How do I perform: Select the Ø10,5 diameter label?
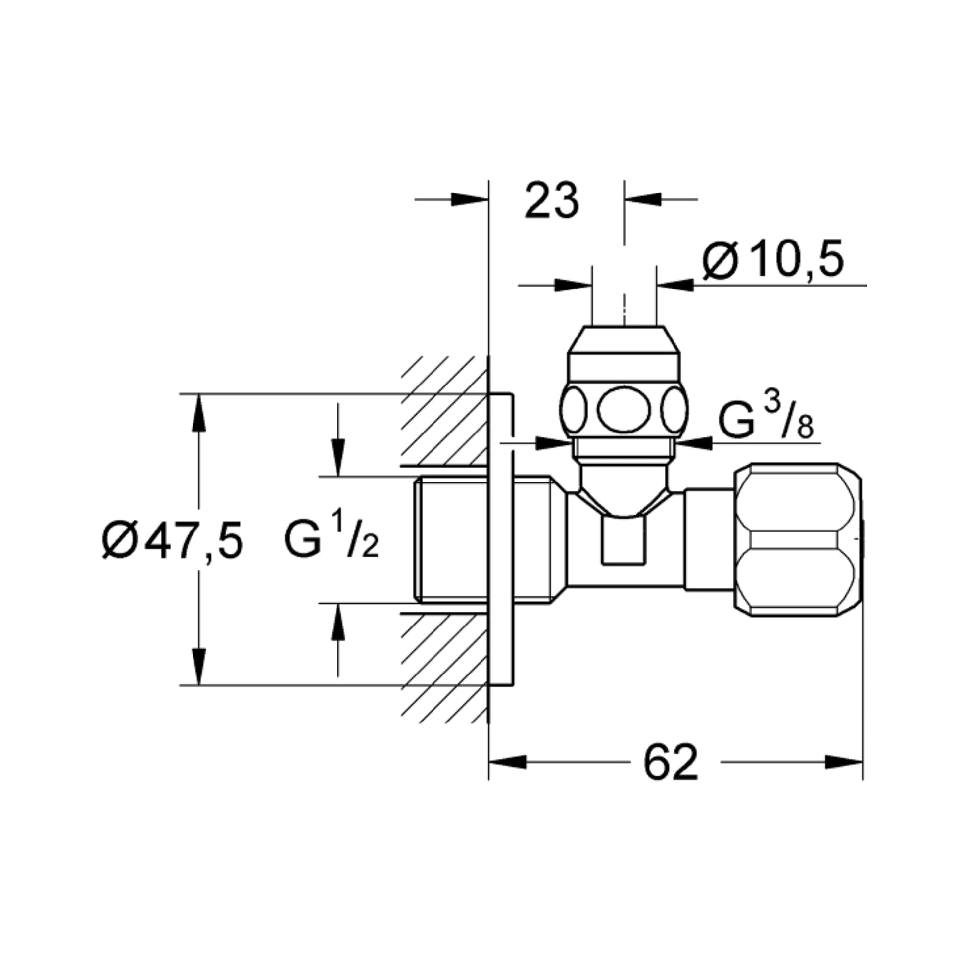772,259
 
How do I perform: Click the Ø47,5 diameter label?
173,540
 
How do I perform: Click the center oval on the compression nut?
624,410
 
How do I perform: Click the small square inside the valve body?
623,540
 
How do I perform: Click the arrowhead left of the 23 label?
470,199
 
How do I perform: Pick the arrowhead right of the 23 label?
643,199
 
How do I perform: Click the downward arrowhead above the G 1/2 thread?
338,458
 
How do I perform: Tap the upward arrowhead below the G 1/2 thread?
338,622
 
